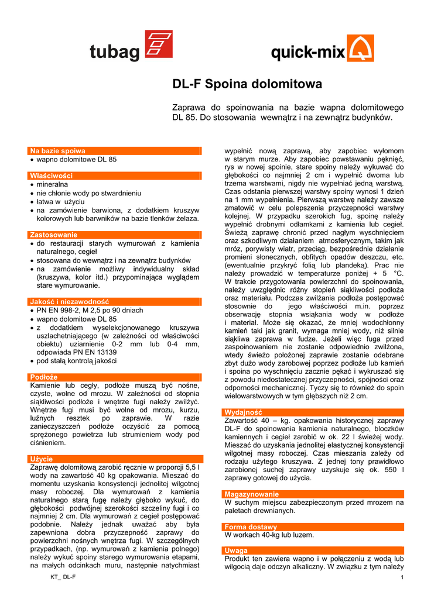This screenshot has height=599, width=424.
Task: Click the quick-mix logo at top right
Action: (x=322, y=50)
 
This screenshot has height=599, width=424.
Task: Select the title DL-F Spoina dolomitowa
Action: (x=247, y=84)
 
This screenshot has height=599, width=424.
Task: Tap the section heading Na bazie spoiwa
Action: (x=58, y=151)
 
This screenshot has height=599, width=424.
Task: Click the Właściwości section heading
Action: (x=52, y=175)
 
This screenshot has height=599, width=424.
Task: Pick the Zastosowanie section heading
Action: (x=54, y=235)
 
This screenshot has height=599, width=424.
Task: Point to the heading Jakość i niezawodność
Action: (x=70, y=301)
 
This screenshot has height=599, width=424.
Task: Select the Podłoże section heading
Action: (x=44, y=377)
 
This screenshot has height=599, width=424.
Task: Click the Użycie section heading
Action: (x=42, y=459)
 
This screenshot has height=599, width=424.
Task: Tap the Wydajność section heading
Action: (x=243, y=412)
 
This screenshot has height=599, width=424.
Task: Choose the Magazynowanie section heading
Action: (x=252, y=494)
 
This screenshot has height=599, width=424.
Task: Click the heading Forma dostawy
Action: (x=251, y=527)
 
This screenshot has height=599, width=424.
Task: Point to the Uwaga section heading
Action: (x=236, y=551)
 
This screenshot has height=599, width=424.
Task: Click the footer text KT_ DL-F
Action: (x=63, y=578)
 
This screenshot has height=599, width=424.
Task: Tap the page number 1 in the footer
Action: (x=403, y=578)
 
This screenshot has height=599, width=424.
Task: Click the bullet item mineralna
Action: (x=53, y=184)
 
